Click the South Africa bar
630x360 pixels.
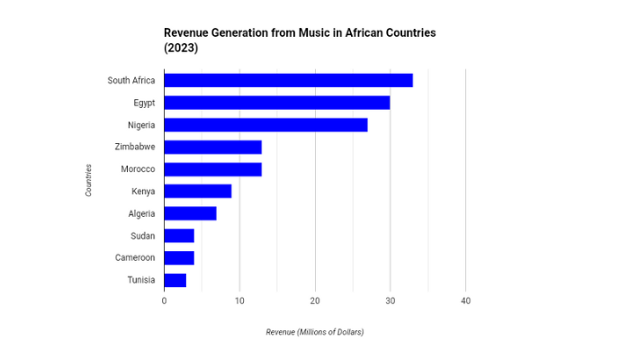tap(288, 80)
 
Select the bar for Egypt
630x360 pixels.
tap(276, 103)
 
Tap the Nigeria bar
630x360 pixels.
tap(265, 125)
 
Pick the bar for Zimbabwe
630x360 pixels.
tap(212, 147)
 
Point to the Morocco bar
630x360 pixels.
tap(212, 169)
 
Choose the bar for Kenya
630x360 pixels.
tap(197, 191)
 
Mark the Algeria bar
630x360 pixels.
tap(190, 213)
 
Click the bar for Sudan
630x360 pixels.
tap(178, 236)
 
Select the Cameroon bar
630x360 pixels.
tap(178, 257)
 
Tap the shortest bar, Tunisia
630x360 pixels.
tap(175, 280)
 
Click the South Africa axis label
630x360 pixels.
tap(131, 80)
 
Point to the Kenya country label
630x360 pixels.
tap(143, 191)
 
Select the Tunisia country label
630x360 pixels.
tap(141, 280)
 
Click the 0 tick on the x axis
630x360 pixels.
tap(164, 301)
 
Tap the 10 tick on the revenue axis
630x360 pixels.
tap(239, 301)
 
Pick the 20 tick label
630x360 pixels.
tap(315, 301)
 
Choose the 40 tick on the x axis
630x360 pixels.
tap(465, 301)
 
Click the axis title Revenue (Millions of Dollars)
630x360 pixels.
tap(314, 332)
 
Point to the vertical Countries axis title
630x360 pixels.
tap(88, 180)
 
